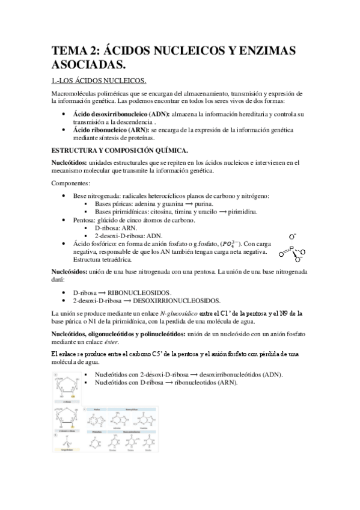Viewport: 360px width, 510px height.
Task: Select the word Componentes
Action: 71,182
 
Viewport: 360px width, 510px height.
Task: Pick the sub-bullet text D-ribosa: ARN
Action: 116,229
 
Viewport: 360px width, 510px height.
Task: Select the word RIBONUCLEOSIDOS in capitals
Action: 142,292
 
